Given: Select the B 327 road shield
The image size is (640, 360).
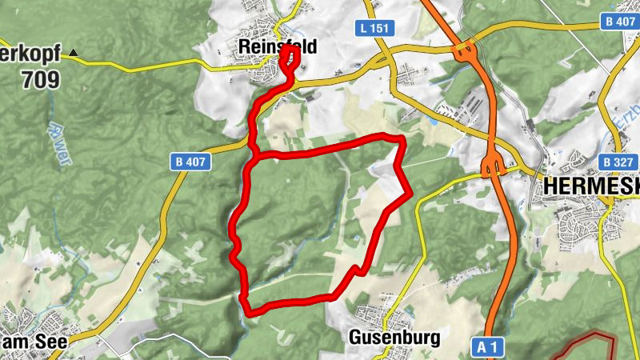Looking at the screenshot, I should (x=618, y=162).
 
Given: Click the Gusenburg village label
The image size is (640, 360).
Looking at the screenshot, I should (x=394, y=338).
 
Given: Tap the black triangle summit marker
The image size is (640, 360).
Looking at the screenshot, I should (x=74, y=54).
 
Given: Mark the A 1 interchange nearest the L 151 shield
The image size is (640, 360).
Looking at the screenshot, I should (x=464, y=54).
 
